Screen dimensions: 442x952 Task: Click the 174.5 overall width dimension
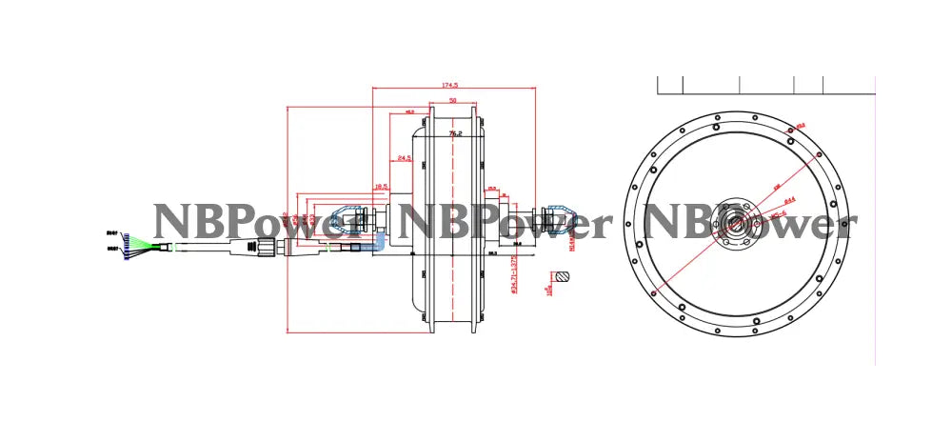(451, 84)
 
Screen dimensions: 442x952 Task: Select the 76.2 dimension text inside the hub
(455, 134)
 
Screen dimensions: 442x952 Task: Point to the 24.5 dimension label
(404, 158)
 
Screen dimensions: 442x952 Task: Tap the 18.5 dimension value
(381, 186)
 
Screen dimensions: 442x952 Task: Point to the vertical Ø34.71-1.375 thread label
(515, 276)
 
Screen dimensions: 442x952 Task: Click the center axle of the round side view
(735, 223)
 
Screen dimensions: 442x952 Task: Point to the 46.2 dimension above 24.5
(409, 111)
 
